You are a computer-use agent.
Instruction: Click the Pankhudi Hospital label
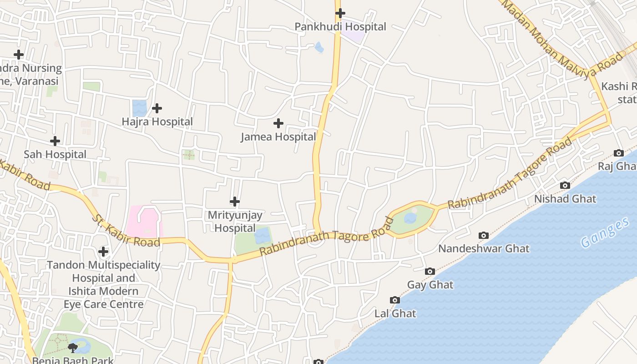[x=340, y=27]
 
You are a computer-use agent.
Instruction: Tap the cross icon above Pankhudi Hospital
[x=340, y=13]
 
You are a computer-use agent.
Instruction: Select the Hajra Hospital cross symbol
[x=157, y=108]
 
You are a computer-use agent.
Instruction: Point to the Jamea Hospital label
[x=278, y=137]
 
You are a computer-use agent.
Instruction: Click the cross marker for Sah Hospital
[x=55, y=141]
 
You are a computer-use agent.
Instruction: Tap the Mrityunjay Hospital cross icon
[x=235, y=202]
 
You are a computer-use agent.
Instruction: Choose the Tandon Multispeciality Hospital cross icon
[x=103, y=251]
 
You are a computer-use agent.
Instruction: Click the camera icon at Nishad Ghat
[x=565, y=185]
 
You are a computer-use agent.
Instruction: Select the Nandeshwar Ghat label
[x=483, y=249]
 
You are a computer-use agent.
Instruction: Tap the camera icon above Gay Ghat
[x=430, y=272]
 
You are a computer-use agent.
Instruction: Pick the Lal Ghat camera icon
[x=395, y=300]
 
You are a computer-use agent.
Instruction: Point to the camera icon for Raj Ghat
[x=618, y=153]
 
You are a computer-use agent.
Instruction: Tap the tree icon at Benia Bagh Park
[x=72, y=348]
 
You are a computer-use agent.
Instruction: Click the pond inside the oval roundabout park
[x=410, y=218]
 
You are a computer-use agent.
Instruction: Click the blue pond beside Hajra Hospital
[x=140, y=108]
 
